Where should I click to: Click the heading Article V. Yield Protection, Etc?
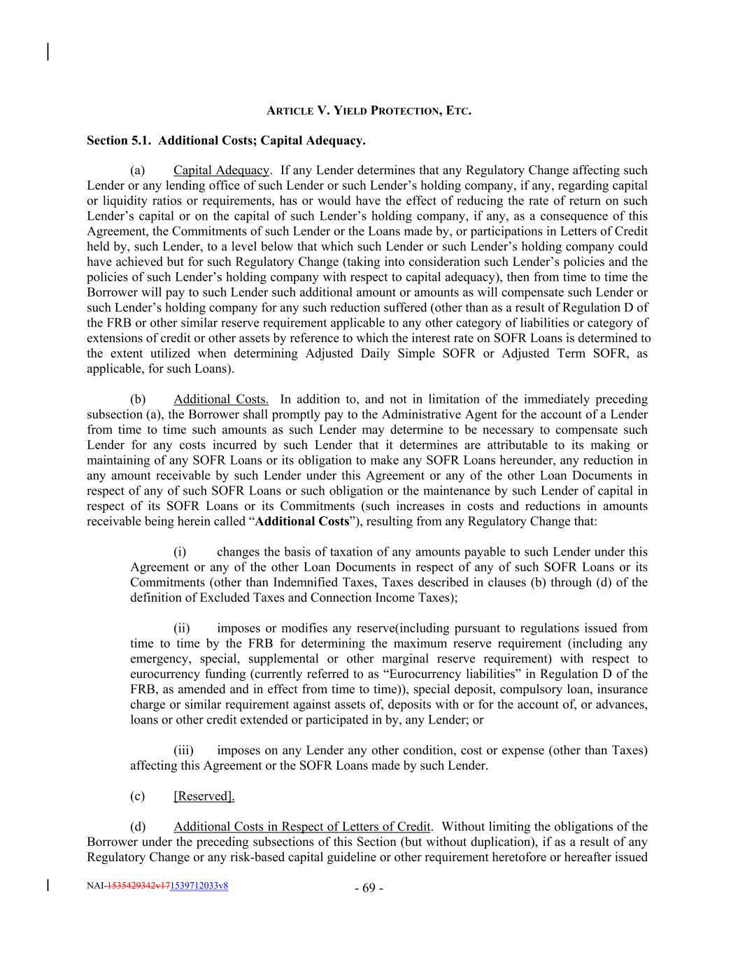point(369,111)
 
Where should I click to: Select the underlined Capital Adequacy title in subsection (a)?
point(221,170)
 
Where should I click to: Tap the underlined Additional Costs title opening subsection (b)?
point(220,399)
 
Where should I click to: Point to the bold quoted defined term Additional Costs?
point(302,521)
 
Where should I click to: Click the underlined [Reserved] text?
point(204,796)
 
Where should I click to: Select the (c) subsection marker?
point(138,796)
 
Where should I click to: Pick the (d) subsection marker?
point(138,827)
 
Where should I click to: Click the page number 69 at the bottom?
point(369,889)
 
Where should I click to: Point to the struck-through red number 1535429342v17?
point(139,886)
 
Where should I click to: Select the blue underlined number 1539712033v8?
point(199,886)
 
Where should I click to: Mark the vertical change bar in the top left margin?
point(48,52)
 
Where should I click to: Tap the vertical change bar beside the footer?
point(48,885)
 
